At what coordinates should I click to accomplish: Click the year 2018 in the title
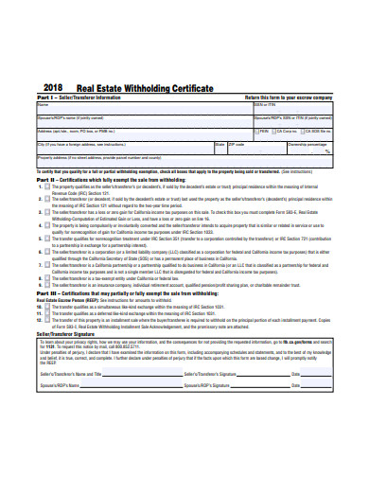click(x=52, y=84)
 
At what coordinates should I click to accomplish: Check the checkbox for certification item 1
click(x=44, y=186)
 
